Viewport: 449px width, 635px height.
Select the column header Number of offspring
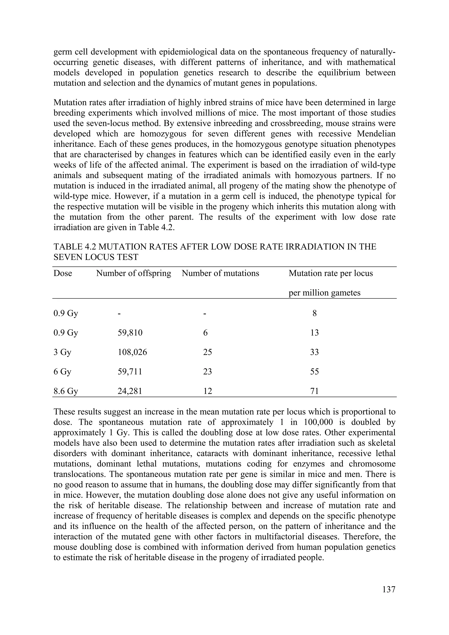pyautogui.click(x=134, y=274)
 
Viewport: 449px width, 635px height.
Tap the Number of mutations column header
pyautogui.click(x=221, y=274)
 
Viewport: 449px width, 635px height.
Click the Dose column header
pyautogui.click(x=63, y=274)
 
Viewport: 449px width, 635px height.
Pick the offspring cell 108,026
pyautogui.click(x=132, y=352)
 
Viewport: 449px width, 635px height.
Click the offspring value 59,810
pyautogui.click(x=130, y=333)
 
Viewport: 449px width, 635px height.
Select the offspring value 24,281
pyautogui.click(x=130, y=391)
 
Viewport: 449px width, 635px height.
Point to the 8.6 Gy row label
pyautogui.click(x=66, y=391)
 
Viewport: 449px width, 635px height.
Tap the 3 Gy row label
pyautogui.click(x=62, y=352)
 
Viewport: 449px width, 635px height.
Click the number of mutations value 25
pyautogui.click(x=207, y=352)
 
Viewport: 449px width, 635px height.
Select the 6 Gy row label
pyautogui.click(x=62, y=372)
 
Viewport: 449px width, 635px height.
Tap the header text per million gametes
pyautogui.click(x=324, y=293)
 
